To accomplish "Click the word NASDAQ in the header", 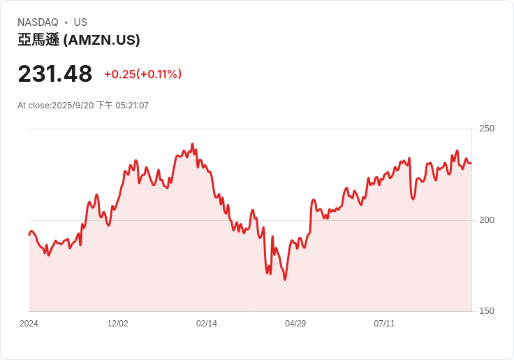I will tap(38, 22).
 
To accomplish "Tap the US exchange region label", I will tap(80, 22).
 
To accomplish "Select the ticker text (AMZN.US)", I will tap(102, 40).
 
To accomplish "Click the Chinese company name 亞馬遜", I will tap(38, 40).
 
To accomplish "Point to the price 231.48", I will tap(55, 73).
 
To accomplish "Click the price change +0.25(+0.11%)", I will tap(143, 74).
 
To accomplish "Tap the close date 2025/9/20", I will tap(73, 106).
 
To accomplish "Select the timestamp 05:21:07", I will tap(132, 106).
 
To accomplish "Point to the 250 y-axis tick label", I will tap(487, 129).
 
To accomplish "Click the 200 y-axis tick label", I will tap(487, 220).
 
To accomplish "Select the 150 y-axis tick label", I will tap(487, 311).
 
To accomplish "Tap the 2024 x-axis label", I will tap(29, 324).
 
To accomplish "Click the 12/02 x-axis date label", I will tap(117, 324).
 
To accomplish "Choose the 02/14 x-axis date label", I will tap(207, 324).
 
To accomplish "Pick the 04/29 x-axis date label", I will tap(295, 324).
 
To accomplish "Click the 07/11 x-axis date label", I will tap(385, 324).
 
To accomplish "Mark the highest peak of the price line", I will tap(192, 145).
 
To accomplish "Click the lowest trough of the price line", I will tap(285, 280).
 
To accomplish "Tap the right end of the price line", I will tap(471, 163).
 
